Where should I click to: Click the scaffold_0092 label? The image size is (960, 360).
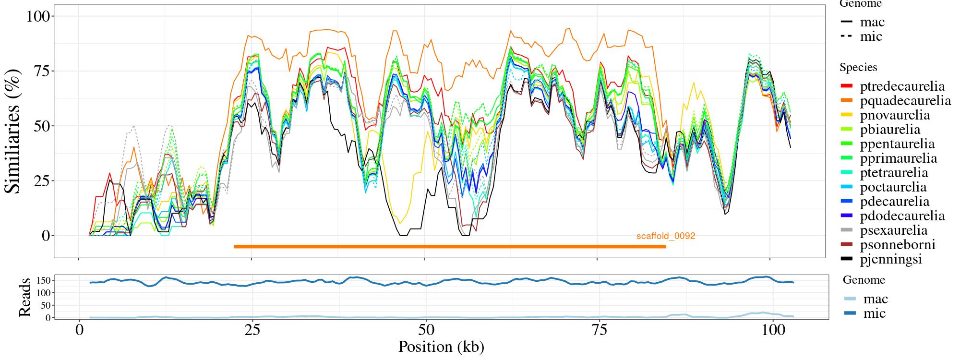pos(666,236)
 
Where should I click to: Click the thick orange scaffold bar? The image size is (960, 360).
pos(450,247)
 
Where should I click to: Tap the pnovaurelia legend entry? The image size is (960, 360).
pos(895,115)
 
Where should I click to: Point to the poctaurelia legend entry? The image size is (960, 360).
pos(893,187)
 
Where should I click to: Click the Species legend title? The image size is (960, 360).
pos(858,68)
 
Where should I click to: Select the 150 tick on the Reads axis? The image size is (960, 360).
pos(44,280)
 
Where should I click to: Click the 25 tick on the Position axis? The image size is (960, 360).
pos(252,331)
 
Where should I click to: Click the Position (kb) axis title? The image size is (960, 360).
pos(441,347)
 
